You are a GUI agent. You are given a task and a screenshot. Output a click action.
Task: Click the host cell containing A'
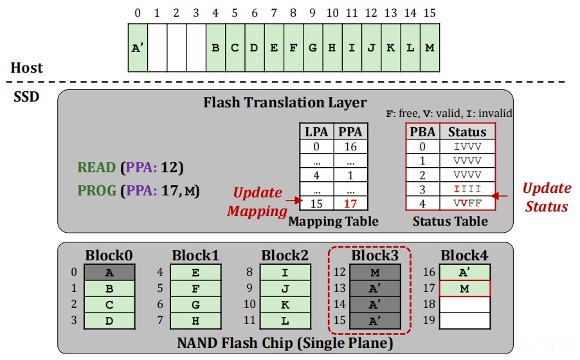coord(138,48)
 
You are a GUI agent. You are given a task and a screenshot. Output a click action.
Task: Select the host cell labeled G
coord(313,48)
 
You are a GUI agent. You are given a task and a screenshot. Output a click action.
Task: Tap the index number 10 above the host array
coord(332,13)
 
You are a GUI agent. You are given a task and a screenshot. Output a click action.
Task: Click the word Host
coord(26,67)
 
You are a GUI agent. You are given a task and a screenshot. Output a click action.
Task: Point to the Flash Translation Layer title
coord(285,102)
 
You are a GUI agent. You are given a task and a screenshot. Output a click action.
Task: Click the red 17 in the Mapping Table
coord(350,204)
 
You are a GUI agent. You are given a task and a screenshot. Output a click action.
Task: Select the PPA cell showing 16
coord(350,147)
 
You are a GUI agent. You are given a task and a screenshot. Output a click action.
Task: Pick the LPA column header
coord(316,132)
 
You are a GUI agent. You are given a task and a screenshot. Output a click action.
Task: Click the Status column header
coord(467,132)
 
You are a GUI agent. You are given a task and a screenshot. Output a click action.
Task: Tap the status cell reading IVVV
coord(467,147)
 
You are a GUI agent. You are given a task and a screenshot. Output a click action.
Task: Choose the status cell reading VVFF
coord(467,203)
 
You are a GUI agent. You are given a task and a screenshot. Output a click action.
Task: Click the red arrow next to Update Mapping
coord(294,201)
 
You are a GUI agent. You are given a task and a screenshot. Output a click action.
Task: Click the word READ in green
coord(96,168)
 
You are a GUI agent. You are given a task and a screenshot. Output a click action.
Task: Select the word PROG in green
coord(97,190)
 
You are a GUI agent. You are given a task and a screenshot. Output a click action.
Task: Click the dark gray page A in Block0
coord(109,273)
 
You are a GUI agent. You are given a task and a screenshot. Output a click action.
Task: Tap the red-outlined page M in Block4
coord(465,289)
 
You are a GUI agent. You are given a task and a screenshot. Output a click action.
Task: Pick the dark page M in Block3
coord(375,273)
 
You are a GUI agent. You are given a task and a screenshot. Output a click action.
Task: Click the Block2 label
coord(285,255)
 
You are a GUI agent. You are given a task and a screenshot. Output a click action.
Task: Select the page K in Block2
coord(285,305)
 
